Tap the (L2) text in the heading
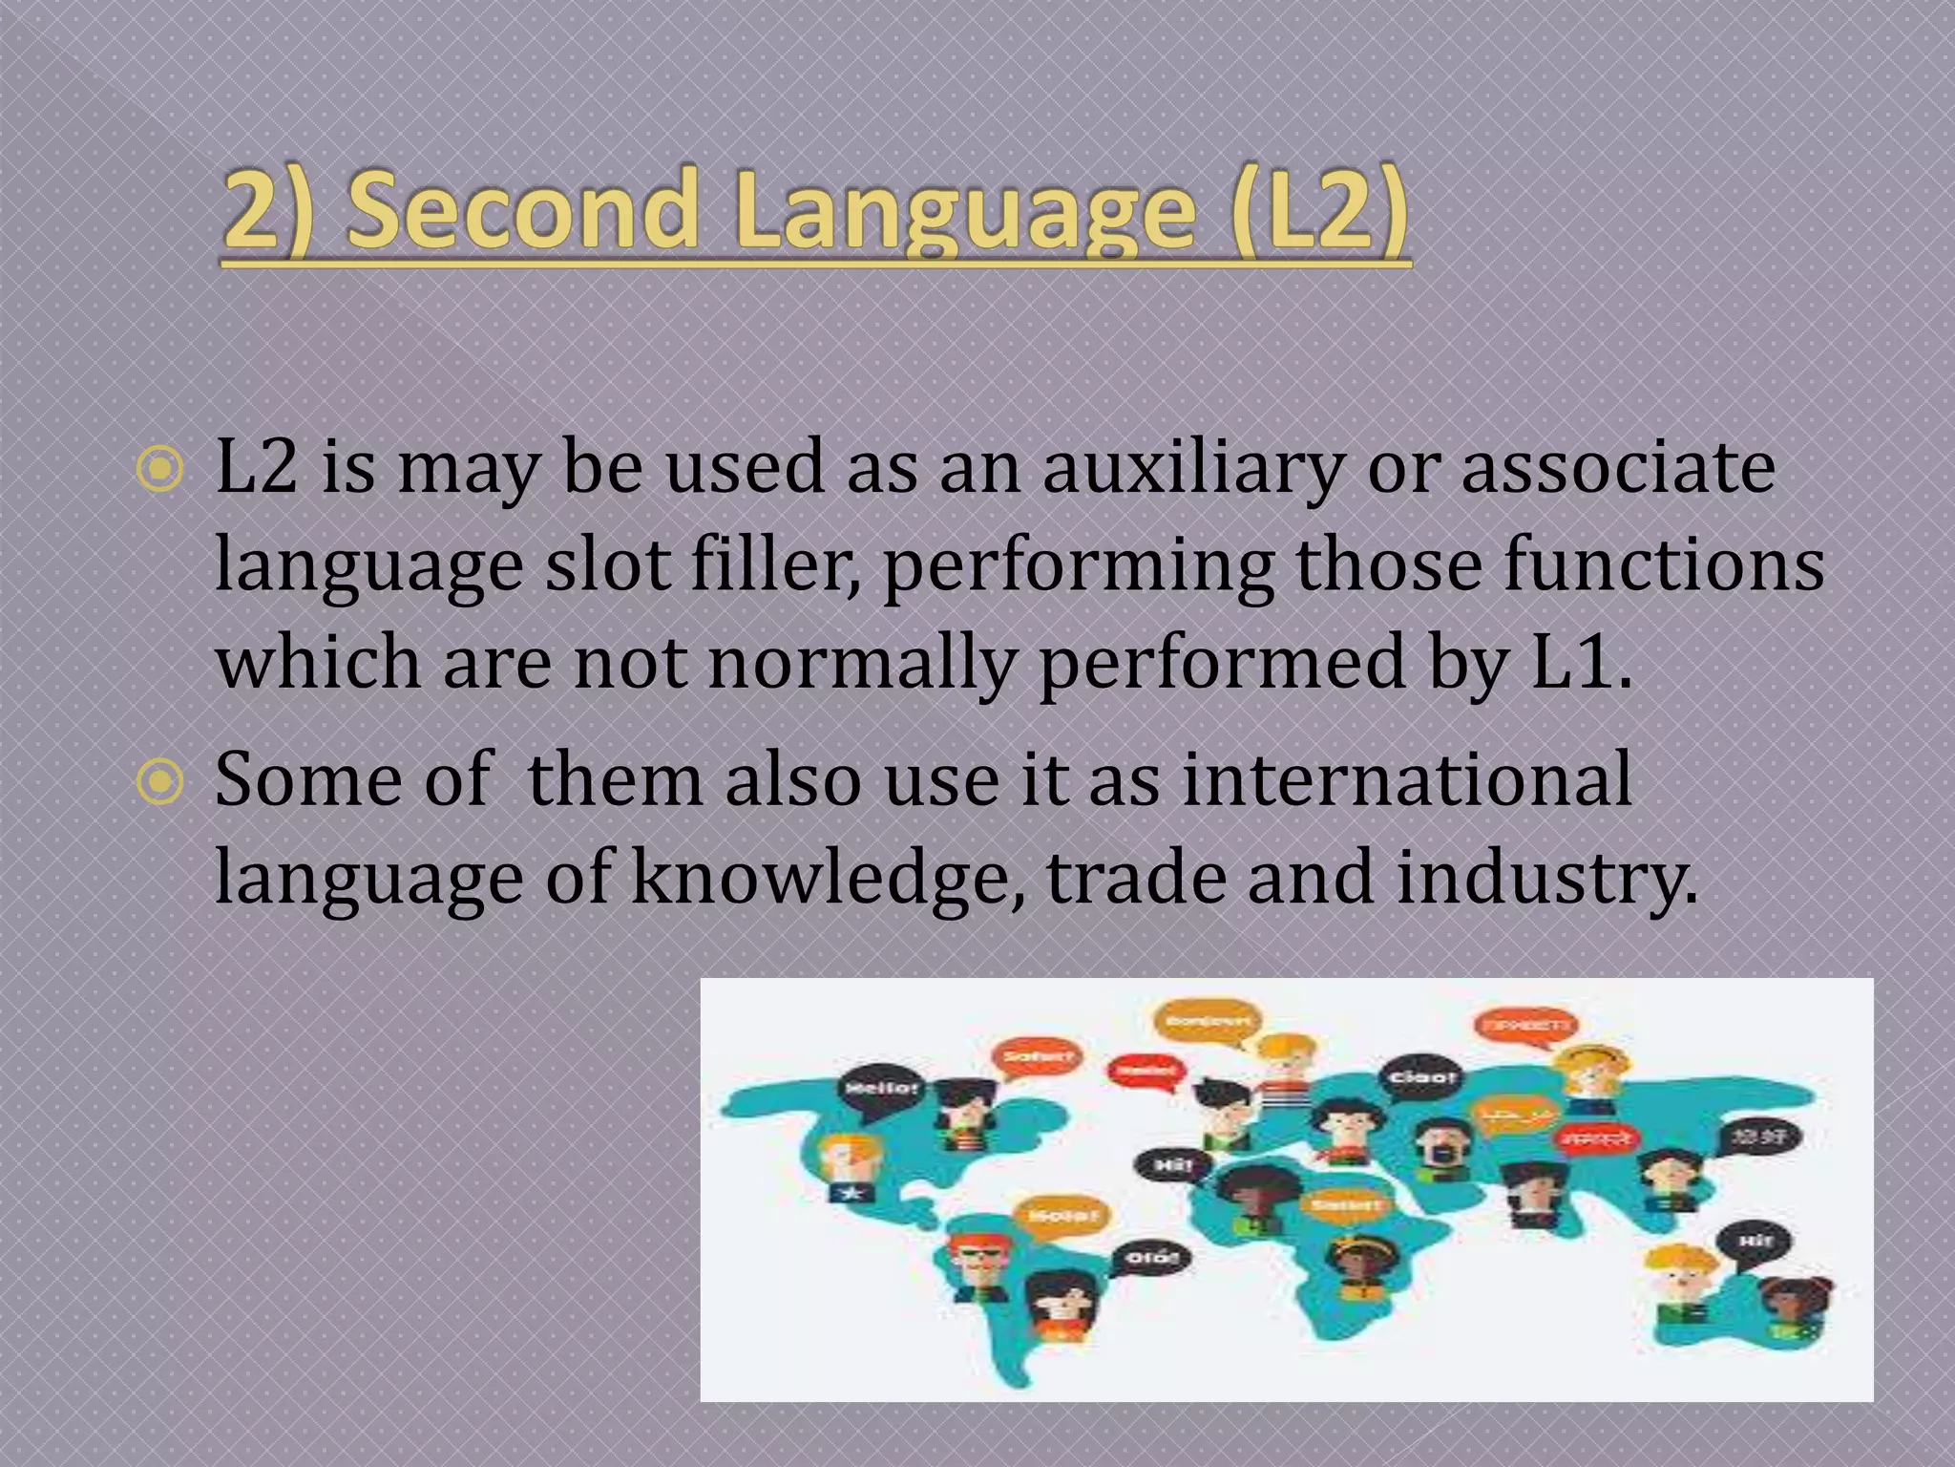(1318, 208)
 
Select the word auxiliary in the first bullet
(1192, 468)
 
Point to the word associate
(1618, 468)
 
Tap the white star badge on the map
(851, 1193)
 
